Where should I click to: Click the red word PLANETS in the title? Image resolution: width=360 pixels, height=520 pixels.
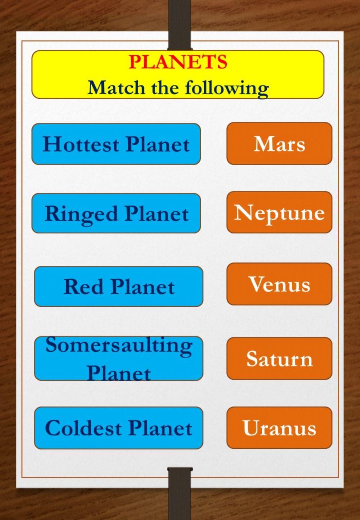coord(178,62)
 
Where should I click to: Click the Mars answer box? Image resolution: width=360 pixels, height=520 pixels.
coord(279,144)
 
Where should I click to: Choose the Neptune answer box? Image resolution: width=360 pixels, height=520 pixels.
coord(279,212)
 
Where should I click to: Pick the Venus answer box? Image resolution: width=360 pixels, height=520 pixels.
coord(279,284)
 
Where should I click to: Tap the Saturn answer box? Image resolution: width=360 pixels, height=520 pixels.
coord(279,359)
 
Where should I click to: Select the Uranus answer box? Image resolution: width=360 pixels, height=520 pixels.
coord(279,428)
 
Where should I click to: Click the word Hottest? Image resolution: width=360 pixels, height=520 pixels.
coord(81,144)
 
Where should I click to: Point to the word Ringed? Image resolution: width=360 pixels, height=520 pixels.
coord(81,214)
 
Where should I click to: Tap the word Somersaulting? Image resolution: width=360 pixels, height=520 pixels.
coord(119,345)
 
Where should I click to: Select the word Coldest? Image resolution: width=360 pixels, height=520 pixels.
coord(83,428)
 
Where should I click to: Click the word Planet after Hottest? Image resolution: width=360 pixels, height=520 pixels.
coord(158,144)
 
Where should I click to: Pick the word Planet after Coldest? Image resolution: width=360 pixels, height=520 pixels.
coord(160,428)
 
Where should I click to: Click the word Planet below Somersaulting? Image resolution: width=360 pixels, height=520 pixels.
coord(119,373)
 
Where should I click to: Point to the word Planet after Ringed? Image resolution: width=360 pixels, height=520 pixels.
coord(157,214)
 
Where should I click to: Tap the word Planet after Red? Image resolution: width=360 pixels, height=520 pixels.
coord(143,287)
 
